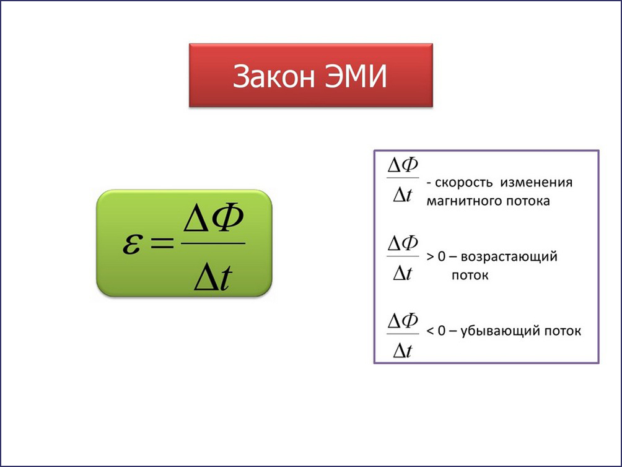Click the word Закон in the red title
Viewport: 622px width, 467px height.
tap(274, 76)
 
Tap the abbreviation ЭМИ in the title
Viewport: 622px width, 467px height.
tap(356, 76)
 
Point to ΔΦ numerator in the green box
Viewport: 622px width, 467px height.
tap(213, 217)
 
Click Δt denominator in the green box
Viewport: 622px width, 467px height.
tap(213, 277)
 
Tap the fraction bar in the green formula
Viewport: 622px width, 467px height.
tap(213, 243)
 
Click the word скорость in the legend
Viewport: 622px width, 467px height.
tap(464, 183)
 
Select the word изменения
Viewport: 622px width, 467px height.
tap(537, 183)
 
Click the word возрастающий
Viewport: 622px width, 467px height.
tap(509, 257)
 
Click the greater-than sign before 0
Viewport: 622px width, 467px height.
tap(431, 257)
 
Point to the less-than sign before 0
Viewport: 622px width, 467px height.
tap(430, 331)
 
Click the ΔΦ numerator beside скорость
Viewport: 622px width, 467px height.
tap(403, 165)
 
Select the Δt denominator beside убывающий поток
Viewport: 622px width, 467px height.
tap(403, 351)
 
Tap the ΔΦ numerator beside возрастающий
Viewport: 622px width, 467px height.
tap(403, 243)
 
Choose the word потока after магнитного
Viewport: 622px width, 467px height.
tap(528, 201)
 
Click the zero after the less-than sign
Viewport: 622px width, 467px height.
tap(442, 331)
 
